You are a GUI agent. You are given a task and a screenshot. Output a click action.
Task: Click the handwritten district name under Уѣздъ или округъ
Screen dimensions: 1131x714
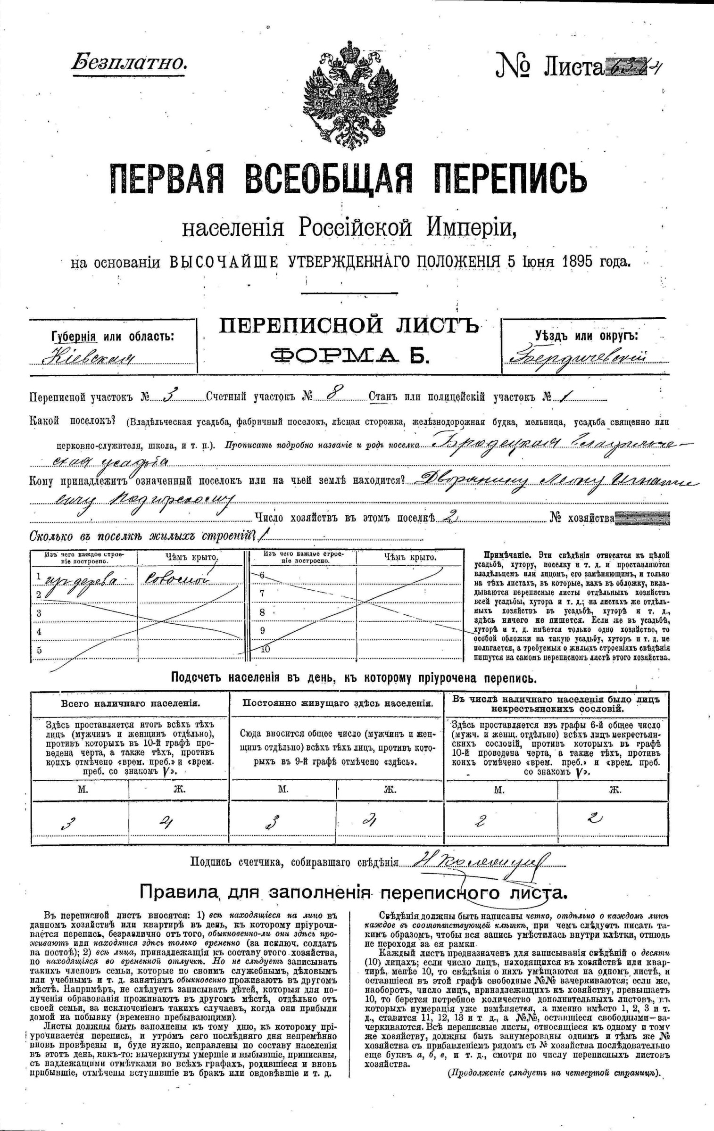[x=578, y=358]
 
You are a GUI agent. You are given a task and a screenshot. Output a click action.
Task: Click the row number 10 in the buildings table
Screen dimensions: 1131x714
[x=266, y=649]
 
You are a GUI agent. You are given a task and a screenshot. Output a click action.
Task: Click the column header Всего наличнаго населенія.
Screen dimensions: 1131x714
[x=131, y=703]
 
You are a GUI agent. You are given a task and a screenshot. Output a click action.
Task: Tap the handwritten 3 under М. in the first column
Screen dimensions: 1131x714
[x=68, y=823]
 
